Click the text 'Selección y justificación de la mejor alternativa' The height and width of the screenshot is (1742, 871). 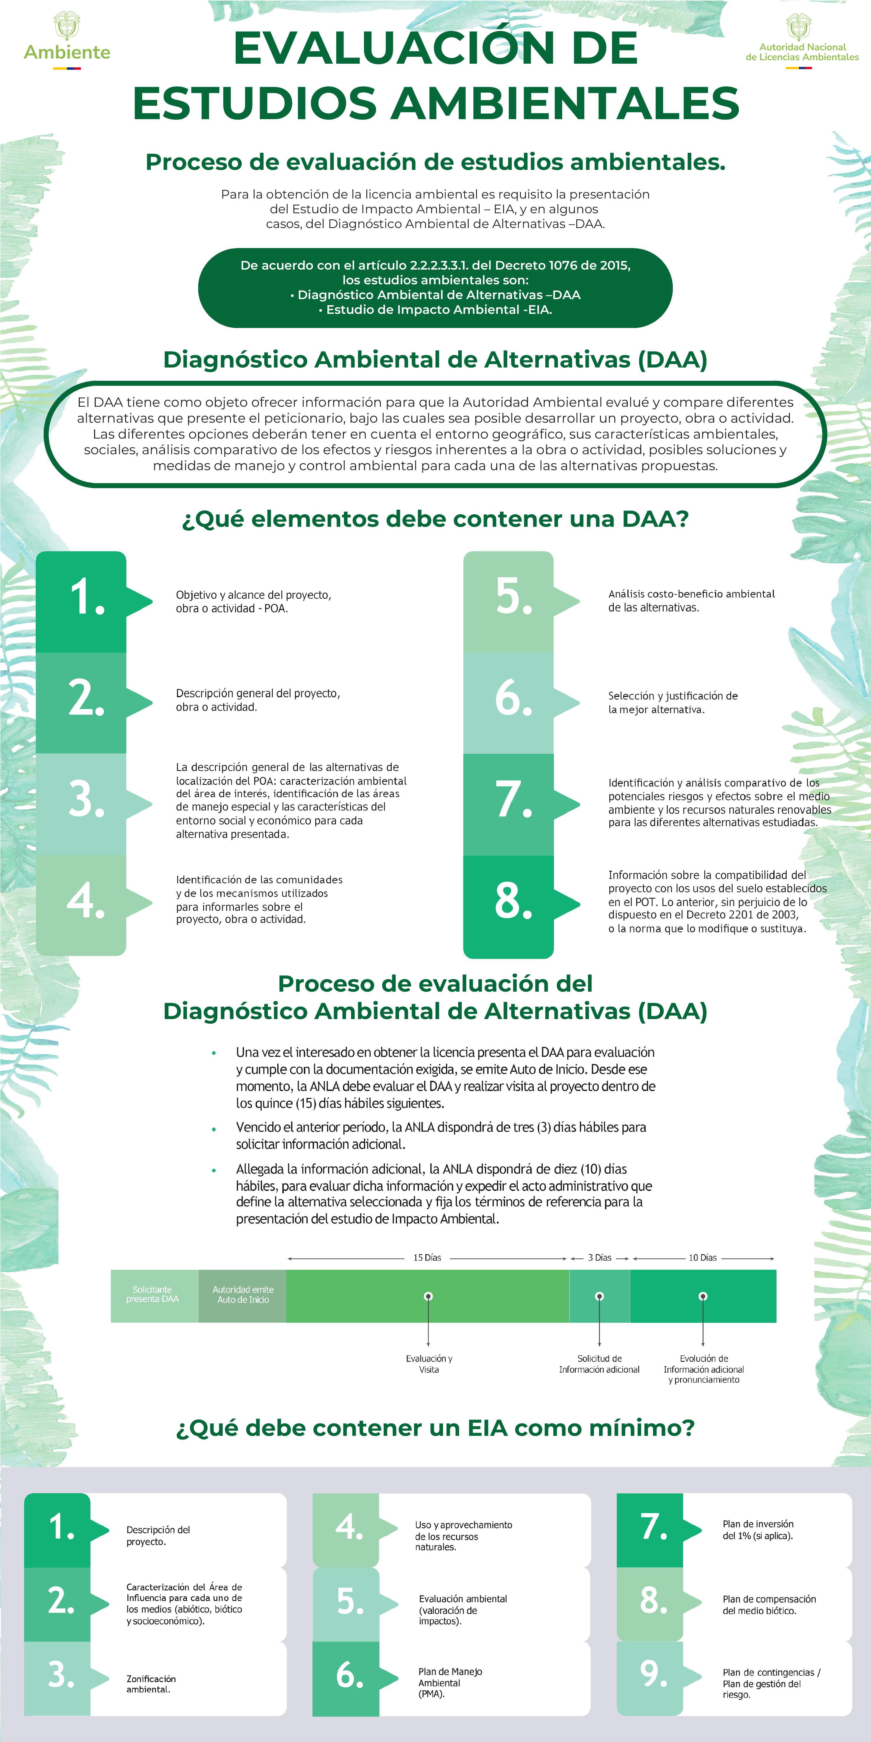tap(673, 703)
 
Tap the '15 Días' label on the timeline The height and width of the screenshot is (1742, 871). tap(427, 1258)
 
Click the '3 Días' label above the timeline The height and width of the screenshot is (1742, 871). tap(599, 1258)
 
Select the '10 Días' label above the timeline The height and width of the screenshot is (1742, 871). tap(703, 1258)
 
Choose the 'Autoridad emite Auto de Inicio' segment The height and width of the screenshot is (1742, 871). tap(243, 1295)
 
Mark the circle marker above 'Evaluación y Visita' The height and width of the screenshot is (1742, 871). tap(428, 1296)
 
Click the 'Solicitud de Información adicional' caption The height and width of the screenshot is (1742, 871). tap(599, 1364)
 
